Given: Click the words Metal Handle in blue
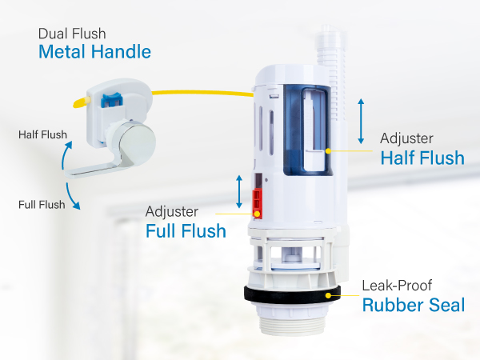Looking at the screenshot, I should coord(94,54).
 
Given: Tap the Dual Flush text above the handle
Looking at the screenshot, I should coord(73,34).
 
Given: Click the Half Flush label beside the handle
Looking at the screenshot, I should coord(42,134).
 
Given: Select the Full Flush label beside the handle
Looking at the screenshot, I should coord(42,205).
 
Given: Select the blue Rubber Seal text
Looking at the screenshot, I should coord(413,305).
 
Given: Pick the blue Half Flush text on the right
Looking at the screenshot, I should coord(422,158).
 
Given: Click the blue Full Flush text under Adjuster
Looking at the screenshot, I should coord(186,231).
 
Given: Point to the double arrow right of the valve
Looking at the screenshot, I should coord(362,121).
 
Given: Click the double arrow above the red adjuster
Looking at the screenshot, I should coord(238,190).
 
